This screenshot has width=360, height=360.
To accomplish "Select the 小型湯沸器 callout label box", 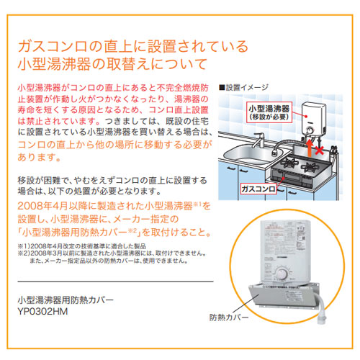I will coord(269,111).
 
